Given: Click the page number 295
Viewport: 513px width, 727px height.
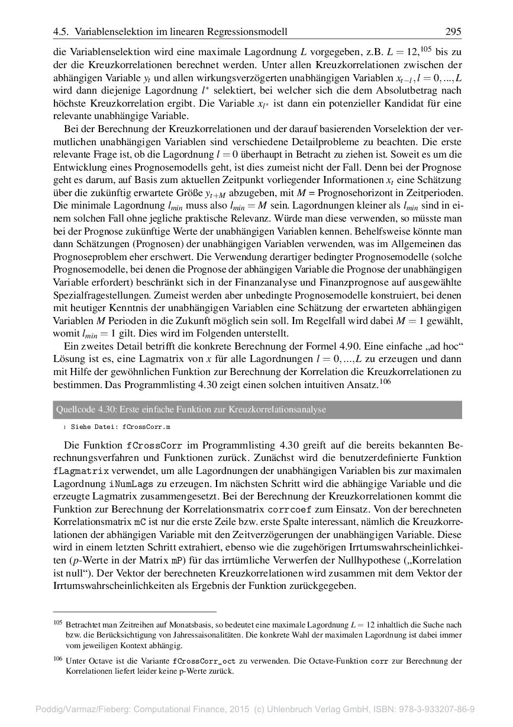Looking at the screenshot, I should [x=453, y=31].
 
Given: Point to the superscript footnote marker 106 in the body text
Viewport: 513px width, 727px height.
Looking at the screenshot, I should [x=385, y=382].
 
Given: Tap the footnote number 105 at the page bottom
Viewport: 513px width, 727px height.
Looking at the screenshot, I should [x=57, y=623].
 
